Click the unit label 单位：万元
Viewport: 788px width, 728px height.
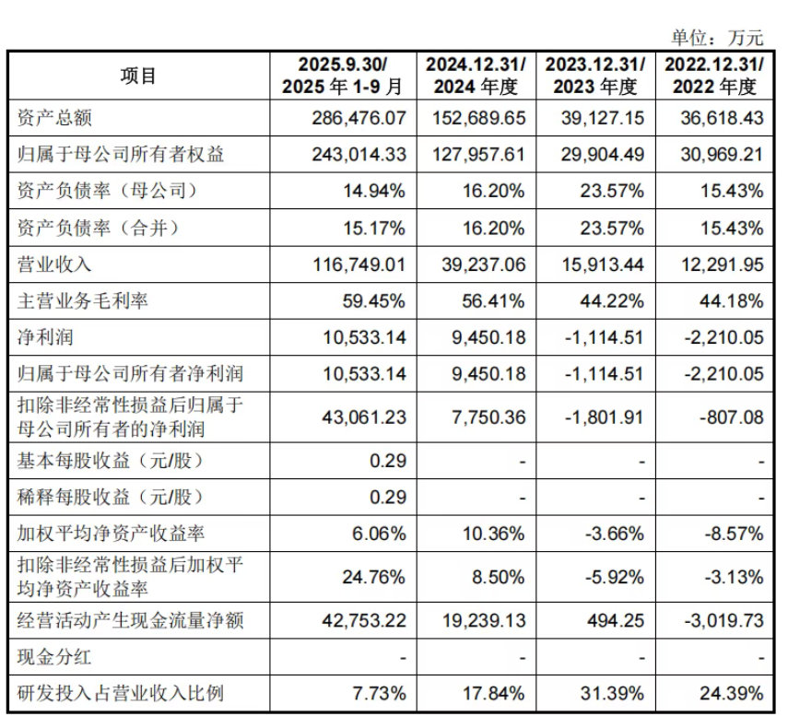click(717, 38)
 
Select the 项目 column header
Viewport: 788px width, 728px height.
click(138, 76)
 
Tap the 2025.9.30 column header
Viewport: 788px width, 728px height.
click(343, 76)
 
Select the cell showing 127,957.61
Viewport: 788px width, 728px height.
click(478, 155)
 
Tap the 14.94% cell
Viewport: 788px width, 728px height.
click(376, 191)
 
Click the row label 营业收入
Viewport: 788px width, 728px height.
click(55, 264)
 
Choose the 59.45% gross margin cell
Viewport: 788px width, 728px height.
click(376, 300)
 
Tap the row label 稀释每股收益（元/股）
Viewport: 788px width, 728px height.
click(110, 497)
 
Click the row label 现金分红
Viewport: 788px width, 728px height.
click(55, 657)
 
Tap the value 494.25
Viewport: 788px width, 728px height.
click(617, 621)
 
